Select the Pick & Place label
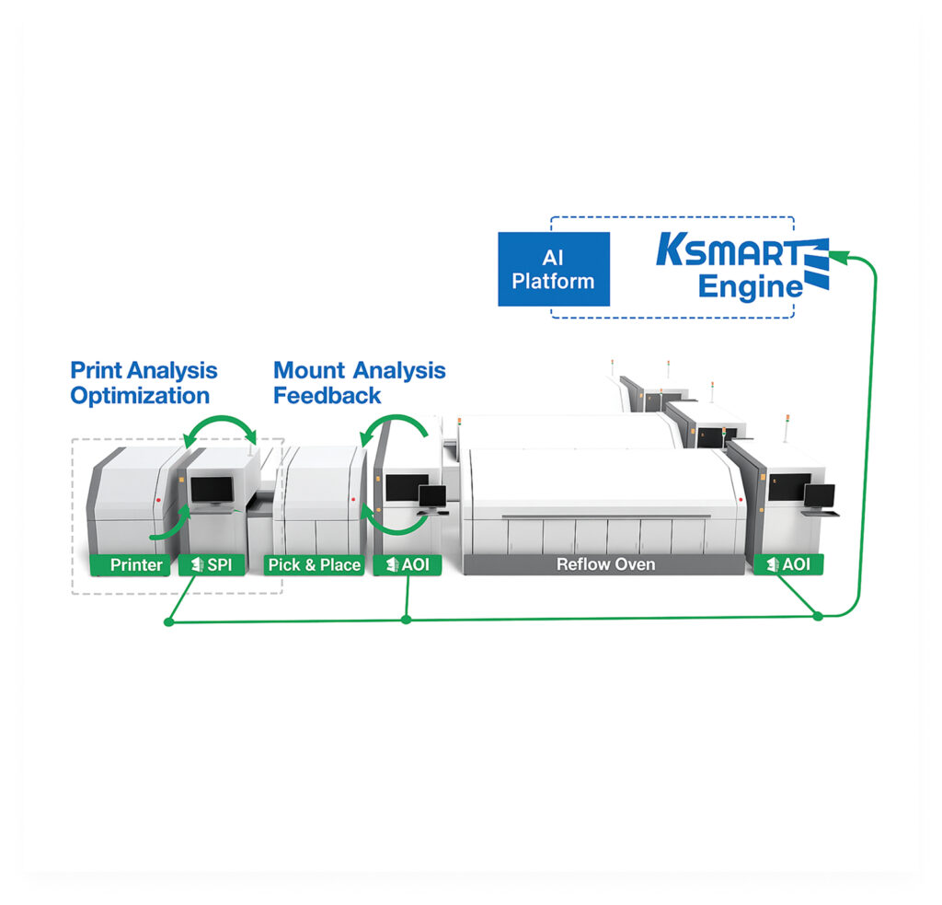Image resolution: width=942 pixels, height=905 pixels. tap(314, 564)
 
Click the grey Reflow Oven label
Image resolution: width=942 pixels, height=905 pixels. tap(605, 564)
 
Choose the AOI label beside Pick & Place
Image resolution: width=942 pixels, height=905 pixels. tap(408, 564)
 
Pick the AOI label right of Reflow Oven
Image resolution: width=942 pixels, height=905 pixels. tap(788, 564)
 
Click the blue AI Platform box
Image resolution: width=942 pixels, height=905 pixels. tap(554, 269)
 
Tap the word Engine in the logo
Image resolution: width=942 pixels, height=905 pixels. tap(750, 286)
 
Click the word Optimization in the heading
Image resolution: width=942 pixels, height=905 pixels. tap(140, 397)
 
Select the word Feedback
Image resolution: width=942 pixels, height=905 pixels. tap(327, 397)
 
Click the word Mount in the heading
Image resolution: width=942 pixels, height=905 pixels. tap(308, 371)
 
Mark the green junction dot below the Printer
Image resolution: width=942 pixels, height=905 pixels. tap(167, 622)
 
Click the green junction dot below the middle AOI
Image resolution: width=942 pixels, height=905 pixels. tap(407, 620)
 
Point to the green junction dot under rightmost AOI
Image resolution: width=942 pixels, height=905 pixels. tap(818, 616)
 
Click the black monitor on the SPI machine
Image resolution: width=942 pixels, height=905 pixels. tap(213, 492)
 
